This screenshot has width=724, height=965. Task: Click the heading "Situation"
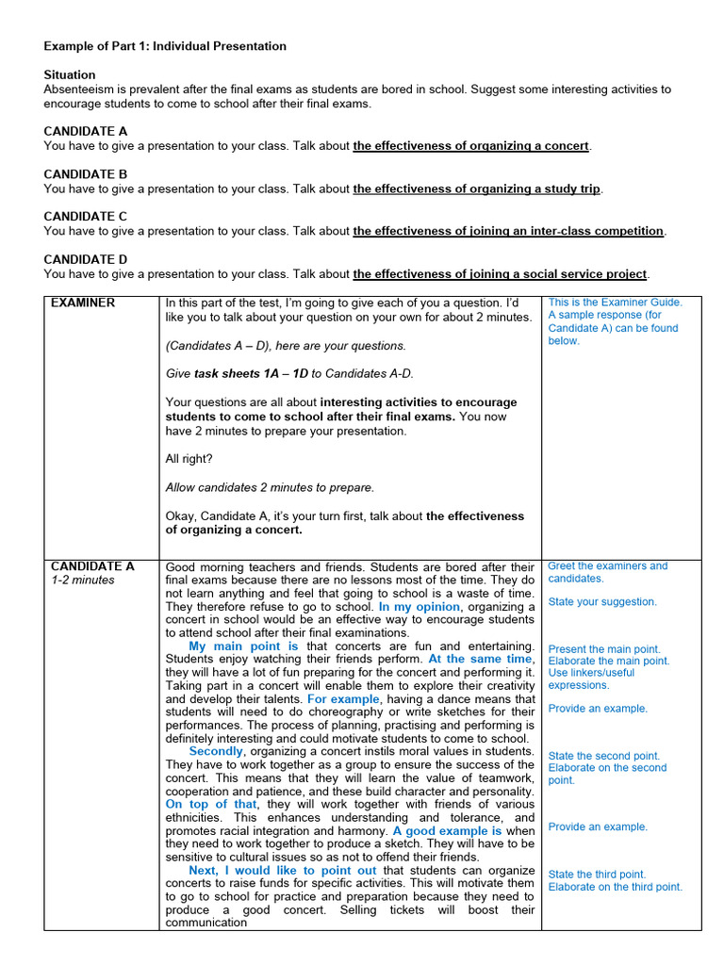(70, 74)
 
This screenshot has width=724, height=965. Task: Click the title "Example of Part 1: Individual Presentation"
(165, 46)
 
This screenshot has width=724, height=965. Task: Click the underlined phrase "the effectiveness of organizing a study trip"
(476, 188)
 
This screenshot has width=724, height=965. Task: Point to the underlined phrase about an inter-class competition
(508, 231)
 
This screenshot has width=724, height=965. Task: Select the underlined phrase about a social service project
(500, 274)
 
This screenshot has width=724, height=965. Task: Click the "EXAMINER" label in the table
(83, 303)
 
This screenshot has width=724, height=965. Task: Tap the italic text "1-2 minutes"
(83, 581)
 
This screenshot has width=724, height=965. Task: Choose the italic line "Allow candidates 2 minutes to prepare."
(270, 487)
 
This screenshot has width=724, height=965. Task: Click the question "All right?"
(189, 459)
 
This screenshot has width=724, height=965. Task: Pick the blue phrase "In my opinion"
(419, 608)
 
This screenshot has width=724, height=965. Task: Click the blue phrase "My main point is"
(243, 646)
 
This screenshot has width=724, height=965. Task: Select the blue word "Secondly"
(216, 751)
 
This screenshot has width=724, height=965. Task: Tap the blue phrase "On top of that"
(211, 805)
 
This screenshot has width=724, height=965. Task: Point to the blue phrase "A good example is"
(447, 831)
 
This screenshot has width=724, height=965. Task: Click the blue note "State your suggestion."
(602, 602)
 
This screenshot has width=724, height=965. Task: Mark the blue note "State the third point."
(597, 875)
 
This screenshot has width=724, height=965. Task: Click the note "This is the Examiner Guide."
(615, 303)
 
